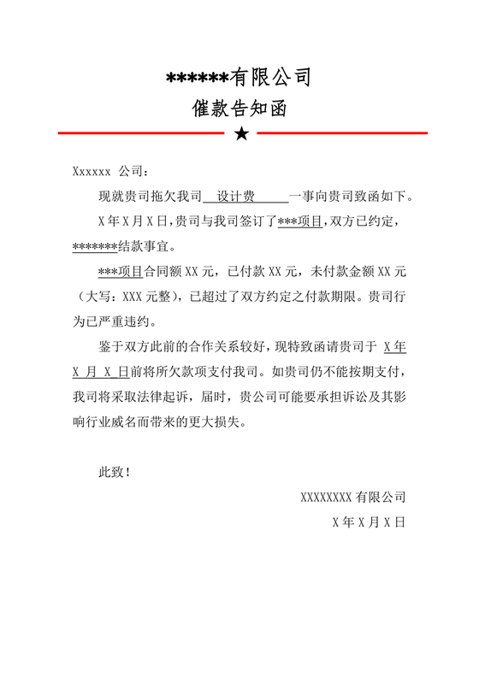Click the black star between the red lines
(242, 133)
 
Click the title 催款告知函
(239, 109)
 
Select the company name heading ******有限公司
(239, 79)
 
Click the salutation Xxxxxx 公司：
(110, 171)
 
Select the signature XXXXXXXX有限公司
(352, 497)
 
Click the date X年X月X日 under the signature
(369, 521)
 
